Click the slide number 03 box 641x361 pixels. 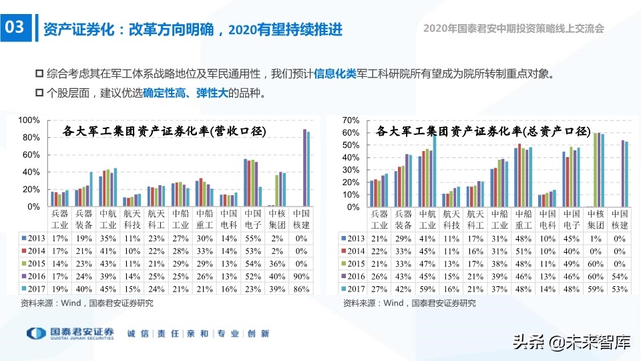(x=15, y=28)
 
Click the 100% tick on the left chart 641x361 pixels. (x=30, y=120)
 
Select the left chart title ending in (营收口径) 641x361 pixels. (x=164, y=131)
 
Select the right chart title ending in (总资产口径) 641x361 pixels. (x=483, y=131)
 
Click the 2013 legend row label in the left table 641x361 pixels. (x=34, y=237)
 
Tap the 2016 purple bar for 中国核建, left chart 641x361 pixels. (x=304, y=168)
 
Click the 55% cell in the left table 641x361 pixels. (x=250, y=237)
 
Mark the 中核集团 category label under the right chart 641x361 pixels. (x=595, y=219)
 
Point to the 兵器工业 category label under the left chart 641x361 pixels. (x=59, y=219)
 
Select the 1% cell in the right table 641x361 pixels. (x=595, y=237)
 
